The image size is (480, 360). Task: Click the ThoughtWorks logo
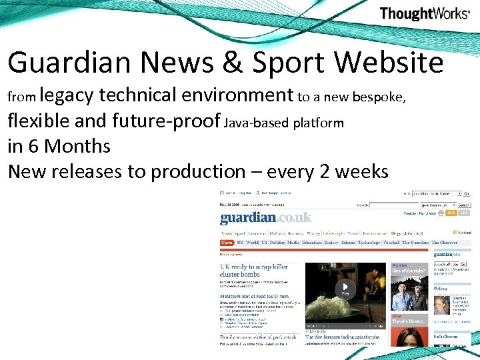pyautogui.click(x=424, y=13)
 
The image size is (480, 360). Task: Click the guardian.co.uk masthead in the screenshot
pyautogui.click(x=265, y=217)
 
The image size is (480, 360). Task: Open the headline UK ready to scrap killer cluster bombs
pyautogui.click(x=254, y=270)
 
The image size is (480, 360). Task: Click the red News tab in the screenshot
pyautogui.click(x=227, y=243)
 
